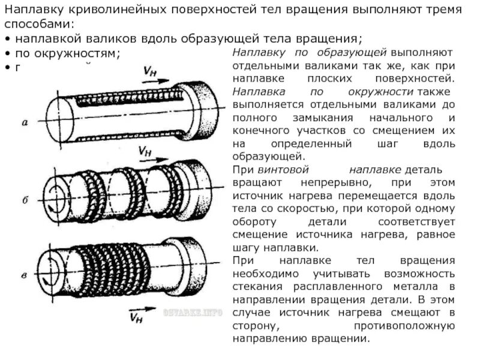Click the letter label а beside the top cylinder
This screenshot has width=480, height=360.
click(25, 123)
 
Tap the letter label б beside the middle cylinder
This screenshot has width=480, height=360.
click(25, 200)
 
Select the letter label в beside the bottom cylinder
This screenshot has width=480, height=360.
click(23, 275)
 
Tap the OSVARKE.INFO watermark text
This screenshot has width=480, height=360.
click(192, 313)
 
